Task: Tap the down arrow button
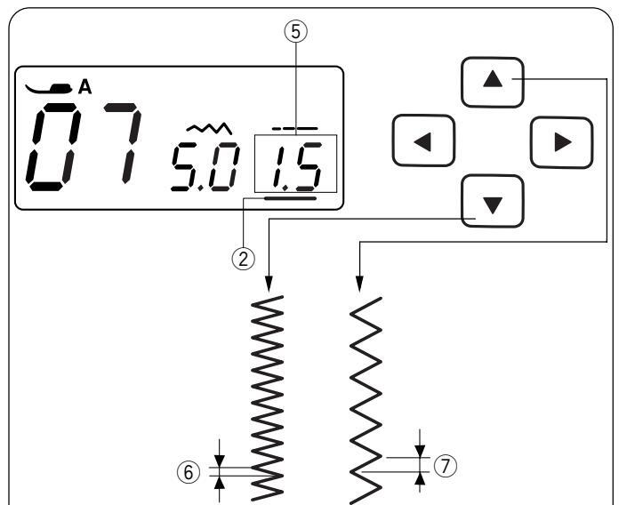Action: [493, 201]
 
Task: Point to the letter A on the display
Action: [85, 86]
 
